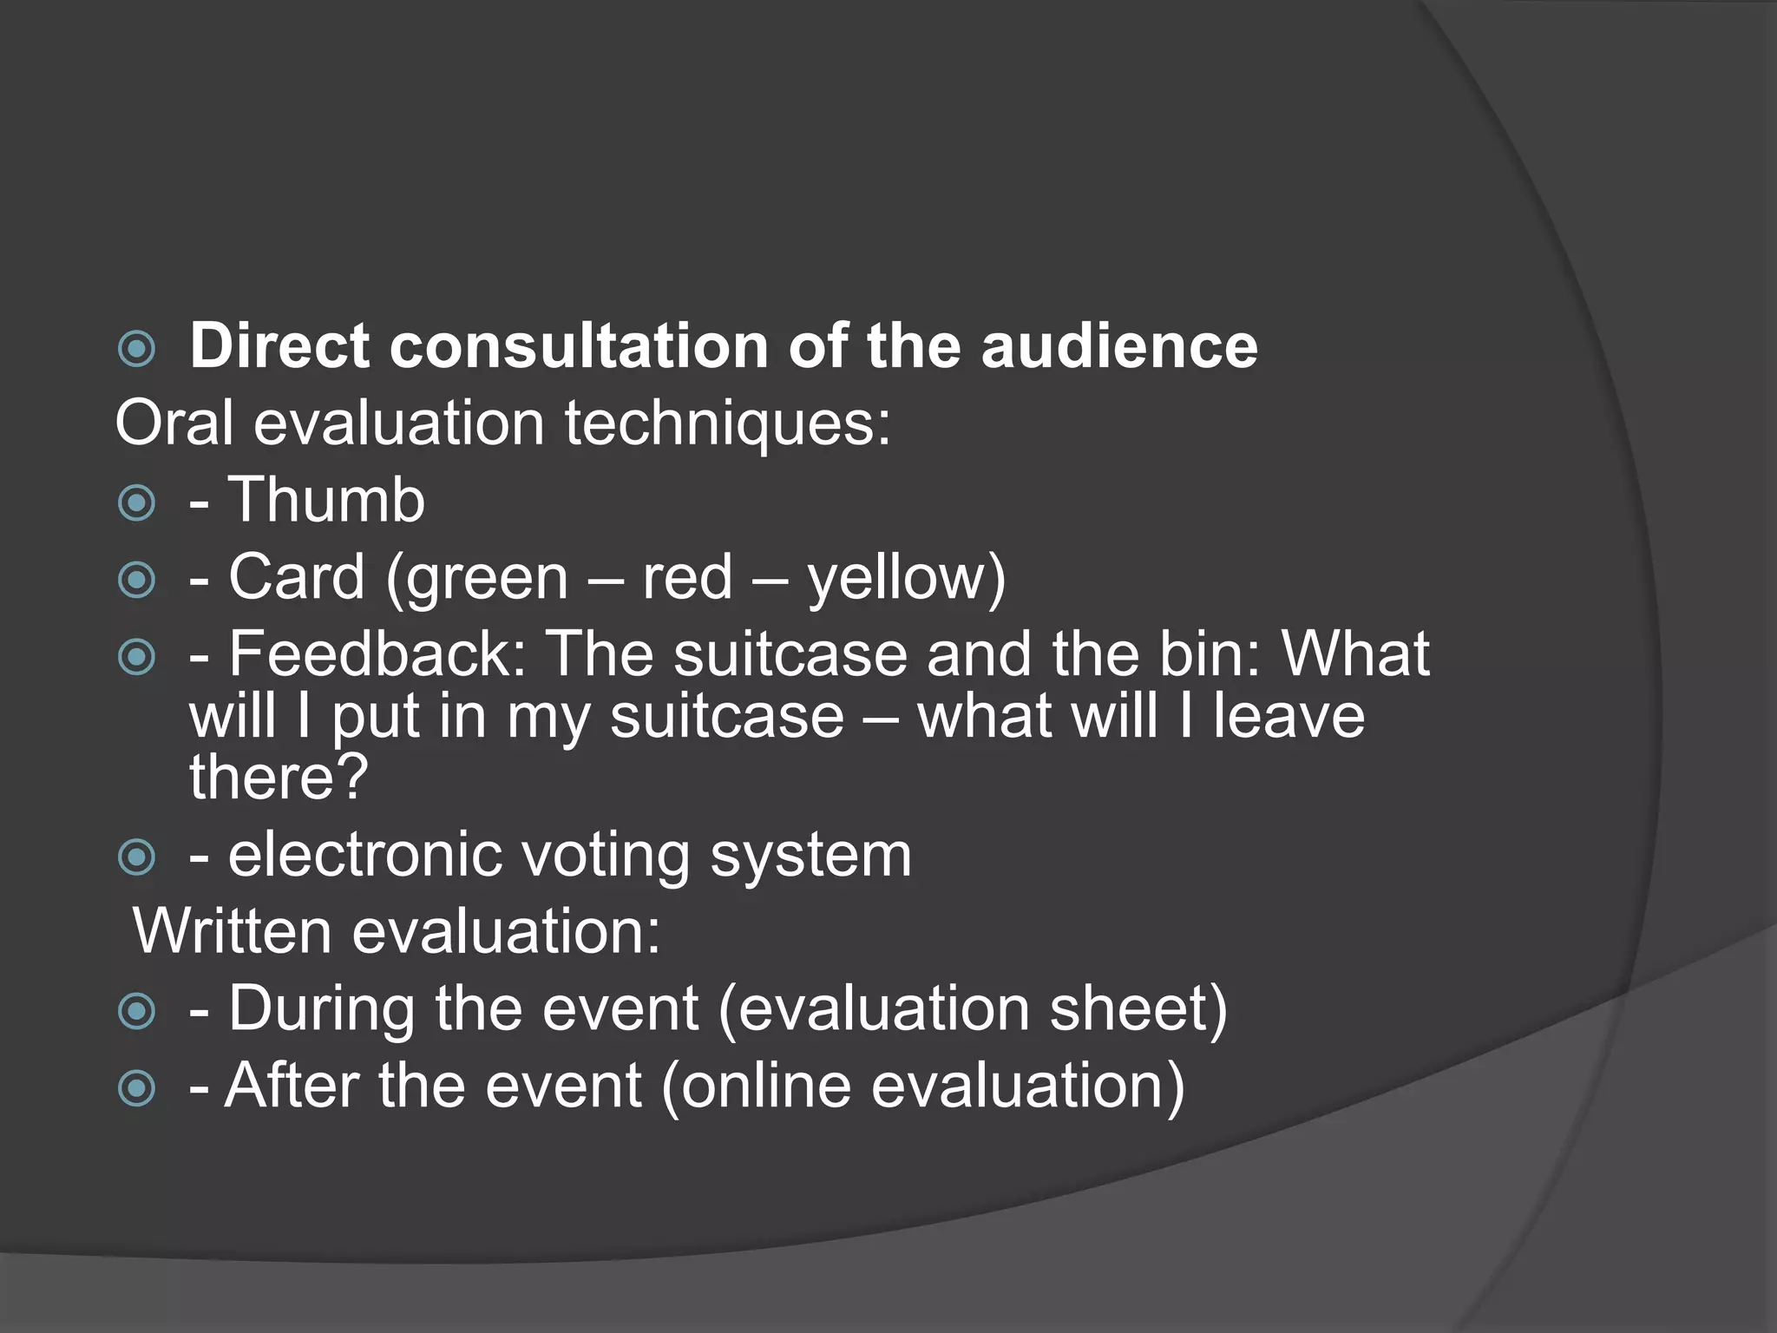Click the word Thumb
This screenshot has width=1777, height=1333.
click(x=326, y=501)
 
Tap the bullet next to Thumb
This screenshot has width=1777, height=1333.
click(x=136, y=502)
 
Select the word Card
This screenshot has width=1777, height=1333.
click(x=296, y=577)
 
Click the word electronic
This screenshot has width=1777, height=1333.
click(x=365, y=855)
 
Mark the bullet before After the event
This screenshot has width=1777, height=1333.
click(x=136, y=1087)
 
